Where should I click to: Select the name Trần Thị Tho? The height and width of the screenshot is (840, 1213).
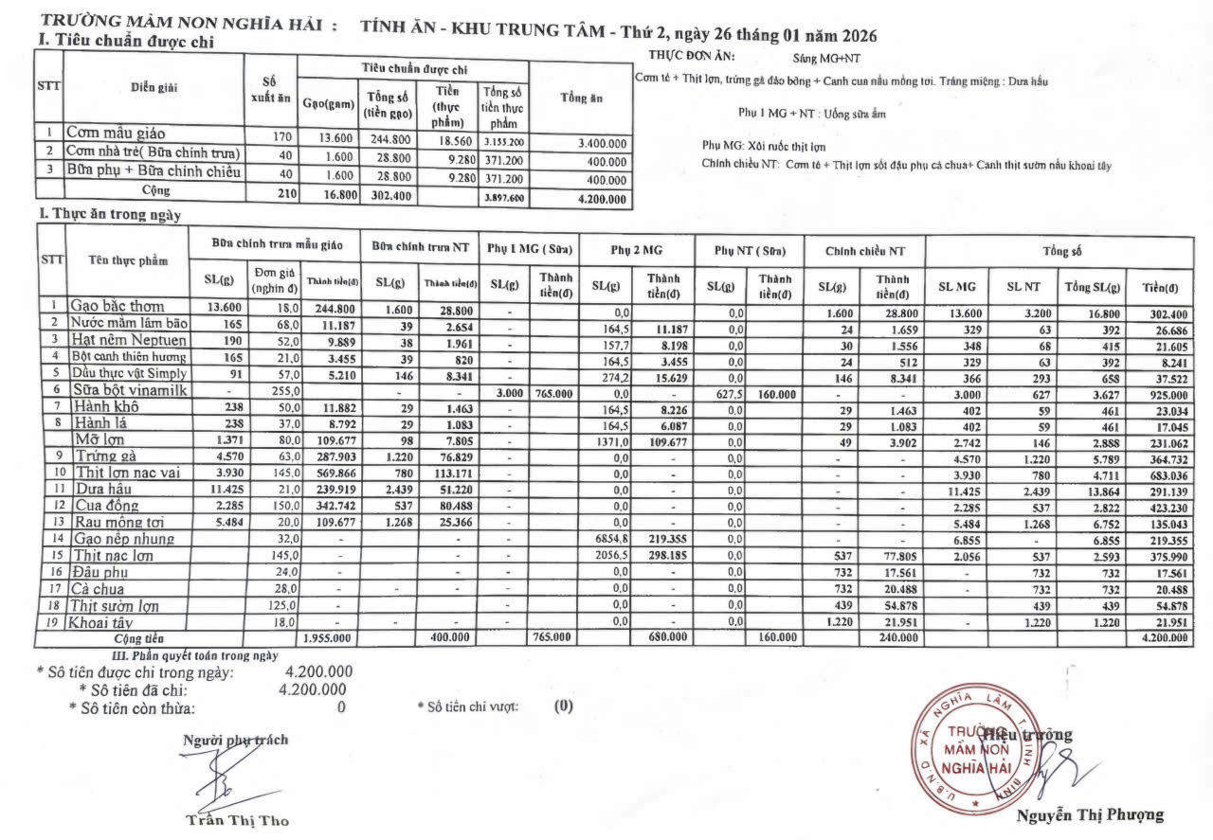coord(237,821)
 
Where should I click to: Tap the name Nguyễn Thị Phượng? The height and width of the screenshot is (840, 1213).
coord(1090,815)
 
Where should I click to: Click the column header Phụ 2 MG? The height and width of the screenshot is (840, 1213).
coord(635,251)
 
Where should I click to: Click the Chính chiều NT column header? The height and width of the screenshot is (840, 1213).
coord(865,251)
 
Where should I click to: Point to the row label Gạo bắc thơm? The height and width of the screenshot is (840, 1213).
coord(117,306)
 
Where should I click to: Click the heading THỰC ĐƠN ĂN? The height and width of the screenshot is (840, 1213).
coord(685,57)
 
